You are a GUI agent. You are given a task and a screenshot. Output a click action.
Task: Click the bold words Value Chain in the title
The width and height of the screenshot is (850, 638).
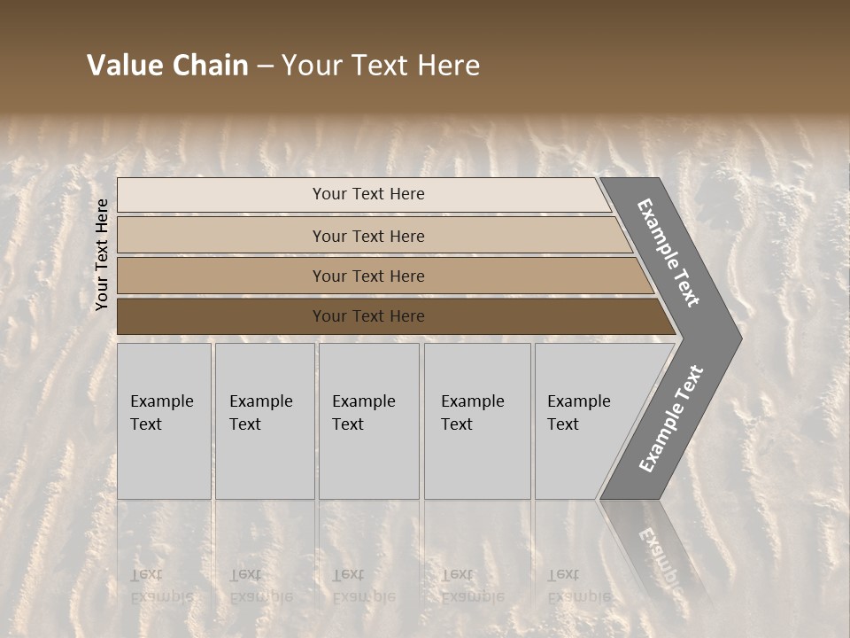click(167, 66)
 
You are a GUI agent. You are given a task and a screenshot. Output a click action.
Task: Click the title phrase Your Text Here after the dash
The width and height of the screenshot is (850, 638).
click(381, 66)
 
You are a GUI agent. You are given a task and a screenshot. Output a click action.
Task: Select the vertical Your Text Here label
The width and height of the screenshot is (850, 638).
click(102, 254)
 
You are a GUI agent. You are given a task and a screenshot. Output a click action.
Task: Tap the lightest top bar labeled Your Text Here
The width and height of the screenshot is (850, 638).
click(367, 194)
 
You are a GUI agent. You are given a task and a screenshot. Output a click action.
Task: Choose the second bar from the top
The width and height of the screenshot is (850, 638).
click(367, 236)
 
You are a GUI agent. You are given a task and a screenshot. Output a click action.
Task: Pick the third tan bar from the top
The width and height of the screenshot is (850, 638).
click(367, 276)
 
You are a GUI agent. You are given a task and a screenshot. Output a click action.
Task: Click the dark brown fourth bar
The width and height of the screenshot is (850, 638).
click(367, 316)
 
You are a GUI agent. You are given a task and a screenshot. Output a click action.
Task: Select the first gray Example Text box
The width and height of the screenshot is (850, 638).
click(164, 420)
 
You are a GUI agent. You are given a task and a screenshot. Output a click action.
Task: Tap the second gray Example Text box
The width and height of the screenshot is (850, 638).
click(264, 420)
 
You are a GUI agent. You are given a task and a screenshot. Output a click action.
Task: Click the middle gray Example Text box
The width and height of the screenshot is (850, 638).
click(368, 420)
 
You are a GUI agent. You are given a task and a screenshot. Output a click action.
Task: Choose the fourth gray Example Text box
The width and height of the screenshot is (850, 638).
click(476, 420)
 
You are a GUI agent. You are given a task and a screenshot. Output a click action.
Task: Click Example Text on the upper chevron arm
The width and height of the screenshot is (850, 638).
click(668, 253)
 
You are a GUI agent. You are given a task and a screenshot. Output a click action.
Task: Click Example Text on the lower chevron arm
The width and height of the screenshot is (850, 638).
click(671, 418)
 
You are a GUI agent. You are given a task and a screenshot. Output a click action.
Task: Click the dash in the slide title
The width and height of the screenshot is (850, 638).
click(265, 66)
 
